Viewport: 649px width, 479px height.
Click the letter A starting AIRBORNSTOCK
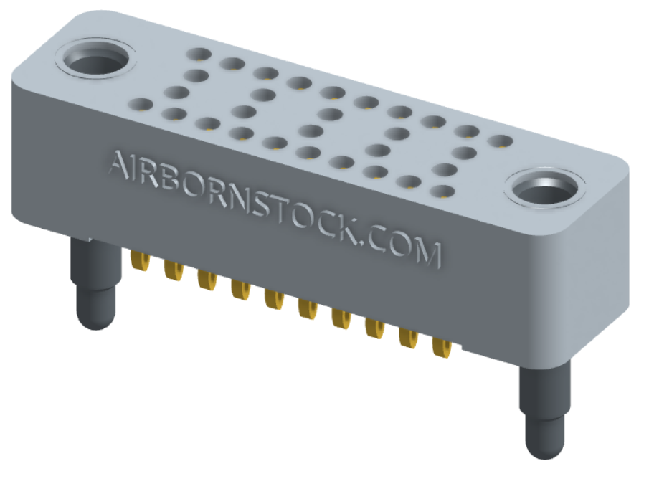(118, 166)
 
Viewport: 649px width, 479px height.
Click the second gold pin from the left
(173, 271)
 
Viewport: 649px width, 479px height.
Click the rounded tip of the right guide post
(542, 447)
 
